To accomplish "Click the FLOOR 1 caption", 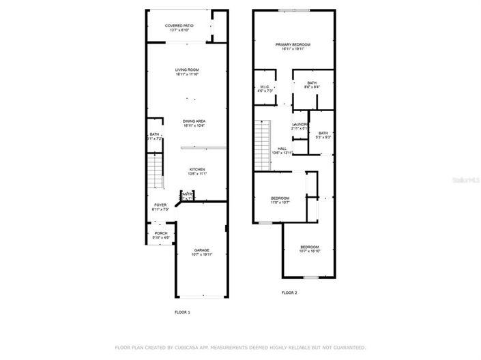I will [x=182, y=312].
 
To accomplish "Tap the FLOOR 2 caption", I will [x=289, y=292].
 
